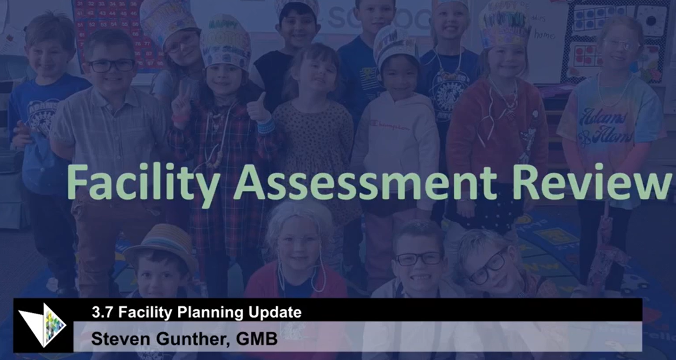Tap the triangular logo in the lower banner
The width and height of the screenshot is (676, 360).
pyautogui.click(x=43, y=325)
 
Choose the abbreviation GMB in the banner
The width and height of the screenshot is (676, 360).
pyautogui.click(x=257, y=339)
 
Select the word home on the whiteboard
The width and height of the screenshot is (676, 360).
pyautogui.click(x=544, y=35)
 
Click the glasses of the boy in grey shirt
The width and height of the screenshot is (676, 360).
pyautogui.click(x=112, y=65)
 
